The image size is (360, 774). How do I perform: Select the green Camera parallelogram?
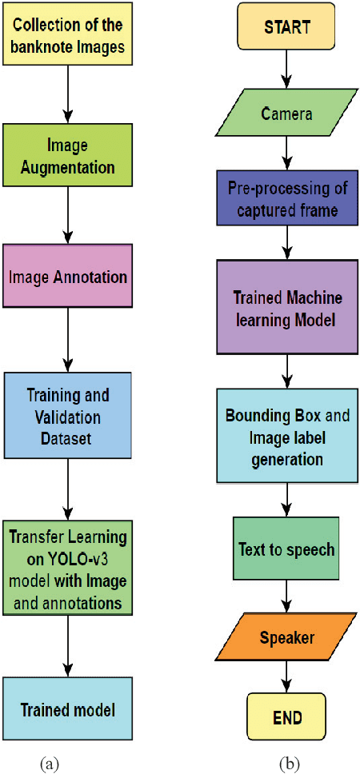point(286,114)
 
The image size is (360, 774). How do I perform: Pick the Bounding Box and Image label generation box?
point(286,437)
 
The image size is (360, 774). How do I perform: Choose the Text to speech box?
point(286,549)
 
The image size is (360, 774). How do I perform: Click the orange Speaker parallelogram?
point(286,638)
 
